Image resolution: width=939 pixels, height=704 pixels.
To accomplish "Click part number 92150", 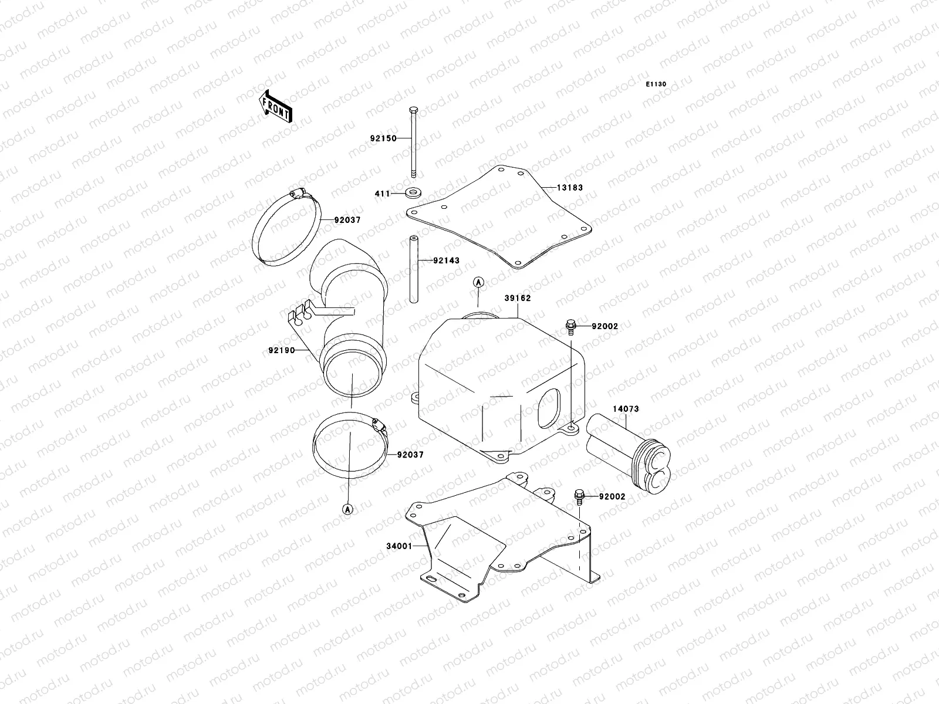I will tap(383, 138).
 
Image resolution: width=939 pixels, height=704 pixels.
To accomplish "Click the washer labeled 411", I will tap(416, 192).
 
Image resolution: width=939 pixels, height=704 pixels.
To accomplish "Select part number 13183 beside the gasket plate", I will tap(571, 188).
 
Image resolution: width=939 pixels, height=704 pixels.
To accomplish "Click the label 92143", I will tap(447, 260).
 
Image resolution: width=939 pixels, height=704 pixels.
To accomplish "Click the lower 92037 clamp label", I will tap(410, 455).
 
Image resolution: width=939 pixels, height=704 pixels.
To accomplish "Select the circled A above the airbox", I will tap(478, 282).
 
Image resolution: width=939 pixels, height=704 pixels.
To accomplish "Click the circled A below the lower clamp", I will tap(347, 509).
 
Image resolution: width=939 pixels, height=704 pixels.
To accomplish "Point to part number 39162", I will tap(517, 298).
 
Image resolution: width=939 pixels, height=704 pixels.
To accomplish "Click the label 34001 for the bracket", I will tap(399, 546).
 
